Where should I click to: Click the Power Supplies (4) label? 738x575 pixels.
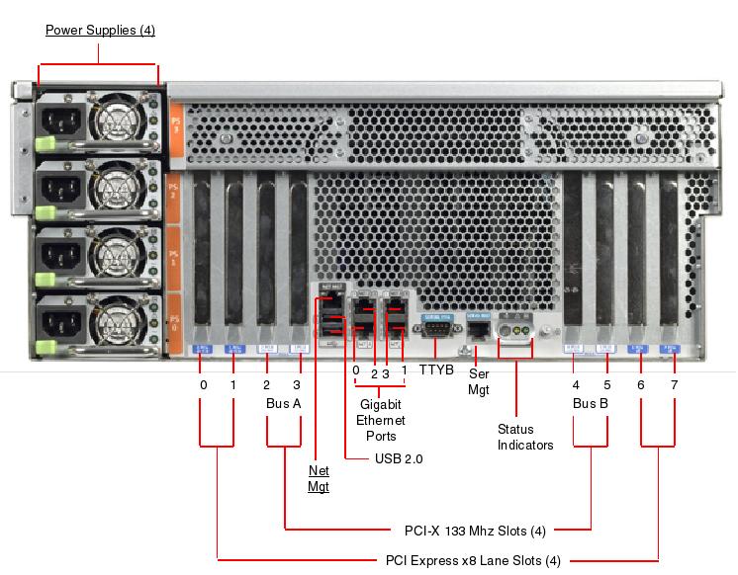click(x=100, y=31)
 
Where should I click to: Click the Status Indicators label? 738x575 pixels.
click(x=524, y=437)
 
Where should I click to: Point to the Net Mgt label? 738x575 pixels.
click(x=318, y=478)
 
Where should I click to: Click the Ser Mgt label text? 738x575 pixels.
click(x=479, y=382)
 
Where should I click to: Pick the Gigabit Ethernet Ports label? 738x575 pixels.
click(x=374, y=420)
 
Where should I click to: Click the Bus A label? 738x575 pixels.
click(x=284, y=404)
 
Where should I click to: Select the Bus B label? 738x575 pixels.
click(x=591, y=404)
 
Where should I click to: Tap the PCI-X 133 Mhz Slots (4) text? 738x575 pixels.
click(x=475, y=531)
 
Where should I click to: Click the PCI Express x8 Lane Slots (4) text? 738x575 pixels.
click(x=473, y=560)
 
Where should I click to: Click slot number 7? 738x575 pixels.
click(x=674, y=384)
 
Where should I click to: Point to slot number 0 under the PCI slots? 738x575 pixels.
click(x=203, y=384)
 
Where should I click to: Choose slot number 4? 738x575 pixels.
click(x=576, y=384)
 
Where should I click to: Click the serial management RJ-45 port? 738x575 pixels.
click(x=479, y=328)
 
